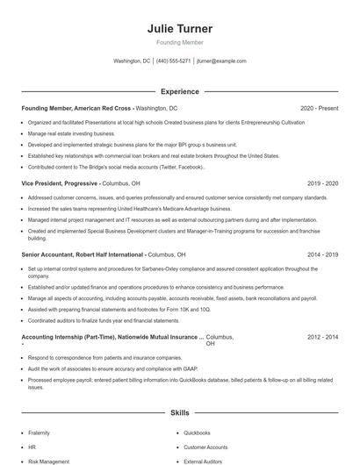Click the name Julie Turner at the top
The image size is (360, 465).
(179, 29)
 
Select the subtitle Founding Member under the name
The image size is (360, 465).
(179, 42)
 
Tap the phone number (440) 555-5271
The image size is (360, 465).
(174, 61)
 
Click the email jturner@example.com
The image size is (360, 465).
(221, 61)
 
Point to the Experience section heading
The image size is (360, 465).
(179, 91)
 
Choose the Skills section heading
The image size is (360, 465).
(179, 411)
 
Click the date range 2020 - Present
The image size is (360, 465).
(319, 108)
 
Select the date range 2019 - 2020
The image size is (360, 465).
(323, 183)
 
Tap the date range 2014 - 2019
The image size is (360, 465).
(323, 254)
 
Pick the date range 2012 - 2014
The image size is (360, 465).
(323, 337)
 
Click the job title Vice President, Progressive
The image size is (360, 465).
(59, 183)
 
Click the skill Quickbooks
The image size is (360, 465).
(197, 433)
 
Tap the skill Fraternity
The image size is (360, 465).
(40, 433)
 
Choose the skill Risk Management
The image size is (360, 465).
(48, 461)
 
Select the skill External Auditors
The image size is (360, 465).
(204, 461)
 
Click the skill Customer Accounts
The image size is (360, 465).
(206, 447)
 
